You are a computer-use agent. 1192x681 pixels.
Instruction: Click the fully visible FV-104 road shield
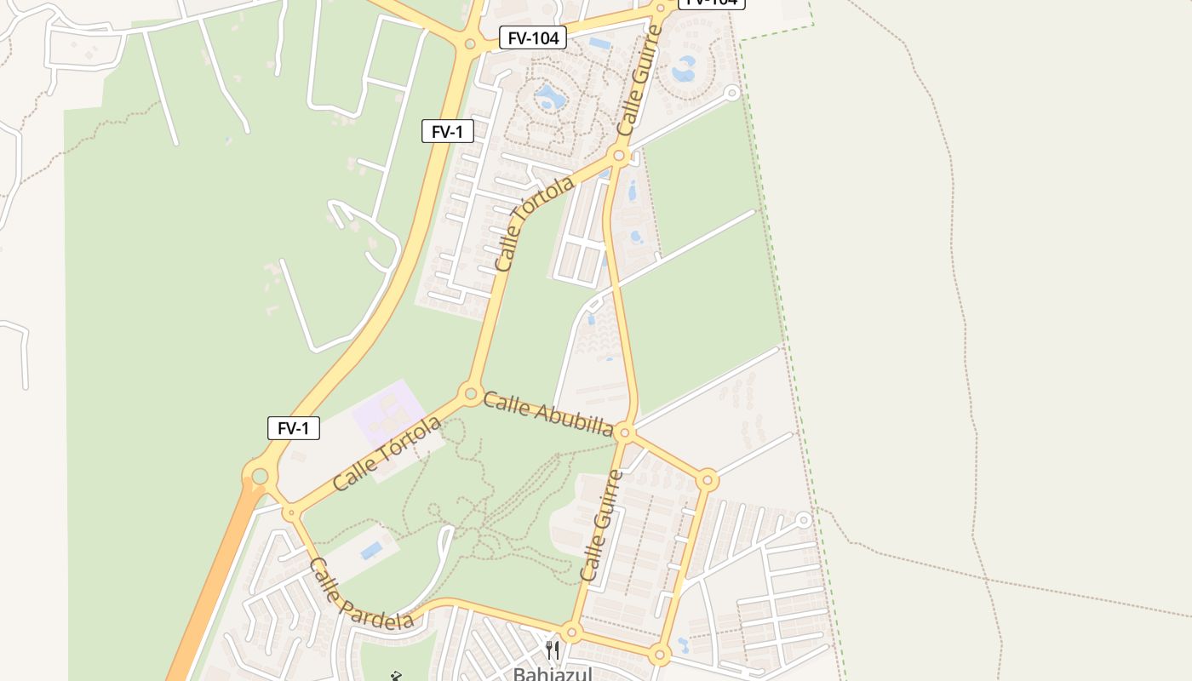533,37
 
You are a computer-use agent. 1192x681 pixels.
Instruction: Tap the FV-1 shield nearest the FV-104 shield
447,131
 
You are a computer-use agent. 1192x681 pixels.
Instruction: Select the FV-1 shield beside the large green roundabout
294,428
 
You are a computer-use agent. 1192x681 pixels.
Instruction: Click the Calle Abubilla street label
547,414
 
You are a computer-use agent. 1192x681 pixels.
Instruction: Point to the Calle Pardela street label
361,594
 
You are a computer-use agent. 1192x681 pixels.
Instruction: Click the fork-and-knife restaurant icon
553,651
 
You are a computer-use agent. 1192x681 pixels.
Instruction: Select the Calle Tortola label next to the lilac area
387,453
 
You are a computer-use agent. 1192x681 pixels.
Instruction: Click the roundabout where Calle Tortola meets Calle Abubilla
470,393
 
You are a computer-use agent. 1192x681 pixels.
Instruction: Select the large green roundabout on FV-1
260,476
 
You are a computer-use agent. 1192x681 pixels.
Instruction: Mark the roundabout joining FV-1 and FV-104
469,43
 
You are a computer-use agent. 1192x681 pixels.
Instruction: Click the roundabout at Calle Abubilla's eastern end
625,433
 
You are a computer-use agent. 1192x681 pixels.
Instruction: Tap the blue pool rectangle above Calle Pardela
370,551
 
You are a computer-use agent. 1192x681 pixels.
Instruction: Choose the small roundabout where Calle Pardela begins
290,512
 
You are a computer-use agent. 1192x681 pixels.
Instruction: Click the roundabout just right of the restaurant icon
571,632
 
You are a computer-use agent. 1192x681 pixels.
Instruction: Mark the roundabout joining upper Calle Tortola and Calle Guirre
620,156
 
